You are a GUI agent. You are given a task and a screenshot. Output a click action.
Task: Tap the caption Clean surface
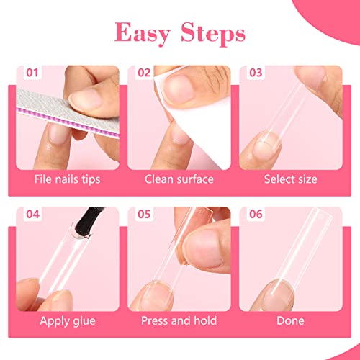point(179,179)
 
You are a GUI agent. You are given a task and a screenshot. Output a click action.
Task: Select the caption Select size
point(290,179)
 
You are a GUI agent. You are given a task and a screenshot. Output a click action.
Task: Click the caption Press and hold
point(179,320)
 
